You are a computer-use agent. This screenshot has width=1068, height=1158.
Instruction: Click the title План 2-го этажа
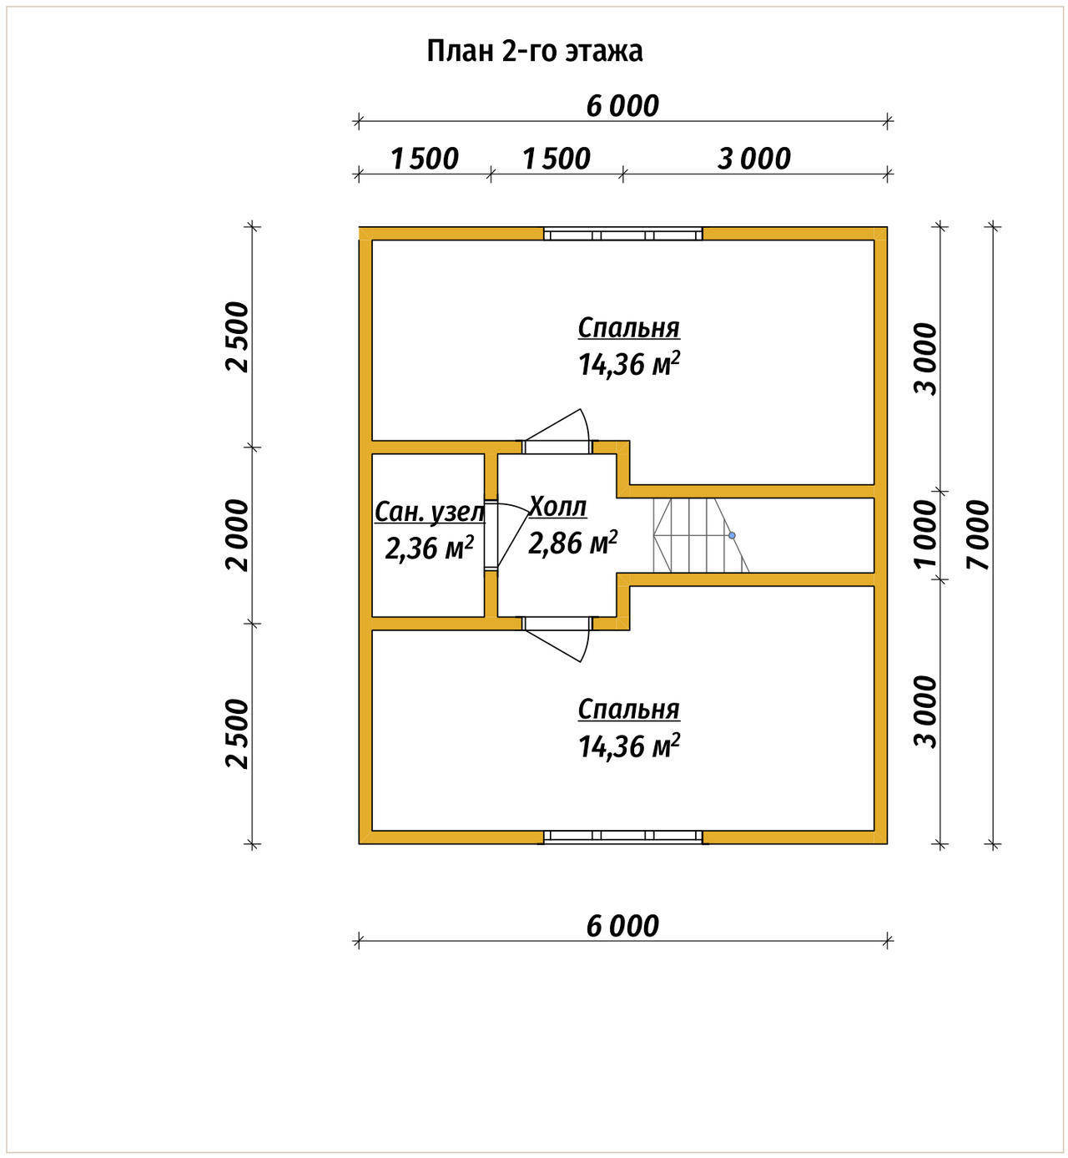(534, 51)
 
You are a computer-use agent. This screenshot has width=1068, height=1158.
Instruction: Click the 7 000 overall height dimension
(977, 534)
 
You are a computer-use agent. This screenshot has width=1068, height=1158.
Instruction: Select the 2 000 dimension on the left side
(238, 534)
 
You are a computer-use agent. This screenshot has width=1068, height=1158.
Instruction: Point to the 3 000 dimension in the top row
(753, 159)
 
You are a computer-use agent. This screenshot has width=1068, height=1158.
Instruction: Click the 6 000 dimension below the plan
(622, 926)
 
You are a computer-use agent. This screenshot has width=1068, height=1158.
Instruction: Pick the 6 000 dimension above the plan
(622, 106)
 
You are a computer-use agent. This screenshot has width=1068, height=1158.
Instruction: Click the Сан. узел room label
(429, 512)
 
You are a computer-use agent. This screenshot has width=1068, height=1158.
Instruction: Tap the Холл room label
(557, 507)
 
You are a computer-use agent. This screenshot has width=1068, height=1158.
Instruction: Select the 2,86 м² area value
(572, 543)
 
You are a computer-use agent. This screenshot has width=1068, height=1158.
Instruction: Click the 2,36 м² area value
(429, 548)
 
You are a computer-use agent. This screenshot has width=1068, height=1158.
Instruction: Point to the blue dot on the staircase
(732, 534)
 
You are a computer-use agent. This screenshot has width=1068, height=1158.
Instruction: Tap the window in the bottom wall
(622, 837)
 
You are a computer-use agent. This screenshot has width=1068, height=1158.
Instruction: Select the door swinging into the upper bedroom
(557, 432)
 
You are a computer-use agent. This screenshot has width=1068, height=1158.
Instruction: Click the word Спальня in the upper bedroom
(628, 328)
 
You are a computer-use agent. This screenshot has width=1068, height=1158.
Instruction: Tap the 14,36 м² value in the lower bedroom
(628, 746)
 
